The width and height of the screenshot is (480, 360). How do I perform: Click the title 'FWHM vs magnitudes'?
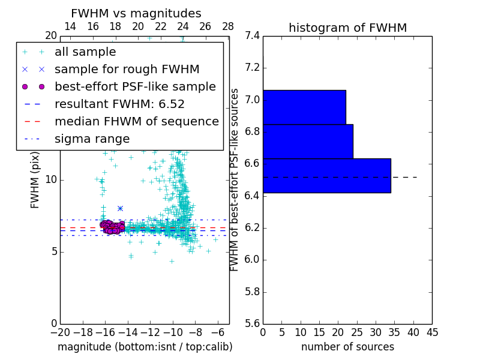136,14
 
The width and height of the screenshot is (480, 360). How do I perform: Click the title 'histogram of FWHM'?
347,28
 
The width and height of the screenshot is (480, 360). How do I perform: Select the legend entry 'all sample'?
85,52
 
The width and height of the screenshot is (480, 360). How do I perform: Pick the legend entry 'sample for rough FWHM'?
127,70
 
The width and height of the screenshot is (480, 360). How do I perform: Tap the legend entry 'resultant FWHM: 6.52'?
119,104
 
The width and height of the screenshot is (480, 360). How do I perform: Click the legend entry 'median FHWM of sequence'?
136,122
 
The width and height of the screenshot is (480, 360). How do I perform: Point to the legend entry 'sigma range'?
92,139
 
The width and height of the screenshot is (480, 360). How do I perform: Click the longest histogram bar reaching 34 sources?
326,176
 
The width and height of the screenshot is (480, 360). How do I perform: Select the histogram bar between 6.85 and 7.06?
304,107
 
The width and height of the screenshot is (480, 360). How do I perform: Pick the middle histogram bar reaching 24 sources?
308,142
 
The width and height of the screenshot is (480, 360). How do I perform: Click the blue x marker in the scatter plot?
120,208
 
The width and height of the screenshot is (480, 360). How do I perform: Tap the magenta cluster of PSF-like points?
110,227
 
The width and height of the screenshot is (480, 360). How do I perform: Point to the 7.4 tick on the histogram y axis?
253,36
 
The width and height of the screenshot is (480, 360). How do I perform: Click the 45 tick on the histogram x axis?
431,332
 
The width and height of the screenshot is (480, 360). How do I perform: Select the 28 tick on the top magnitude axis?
228,27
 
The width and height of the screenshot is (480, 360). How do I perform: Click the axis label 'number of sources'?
347,347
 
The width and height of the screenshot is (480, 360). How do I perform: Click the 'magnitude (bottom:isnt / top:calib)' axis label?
145,347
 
